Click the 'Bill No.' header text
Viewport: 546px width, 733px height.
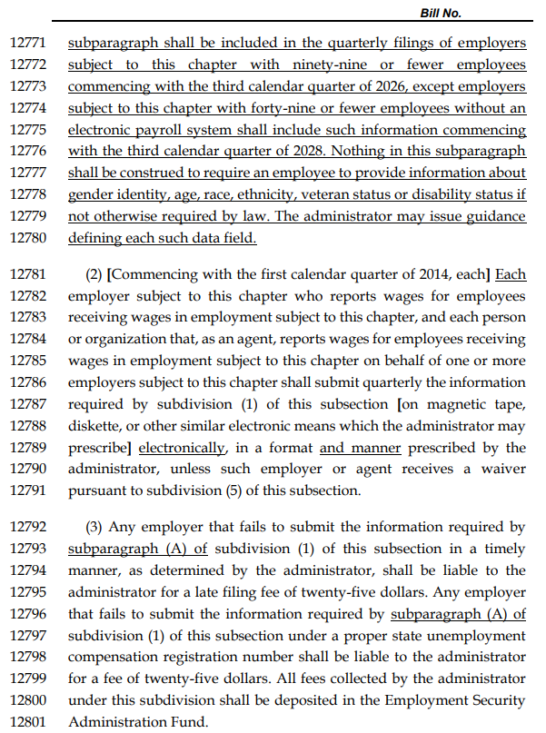(441, 13)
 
